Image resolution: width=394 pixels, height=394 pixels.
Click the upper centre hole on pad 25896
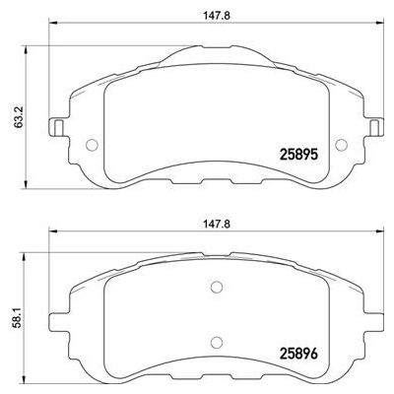[217, 289]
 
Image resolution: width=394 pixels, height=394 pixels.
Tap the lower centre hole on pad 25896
[217, 342]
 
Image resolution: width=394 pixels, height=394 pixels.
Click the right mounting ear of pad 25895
[376, 128]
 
